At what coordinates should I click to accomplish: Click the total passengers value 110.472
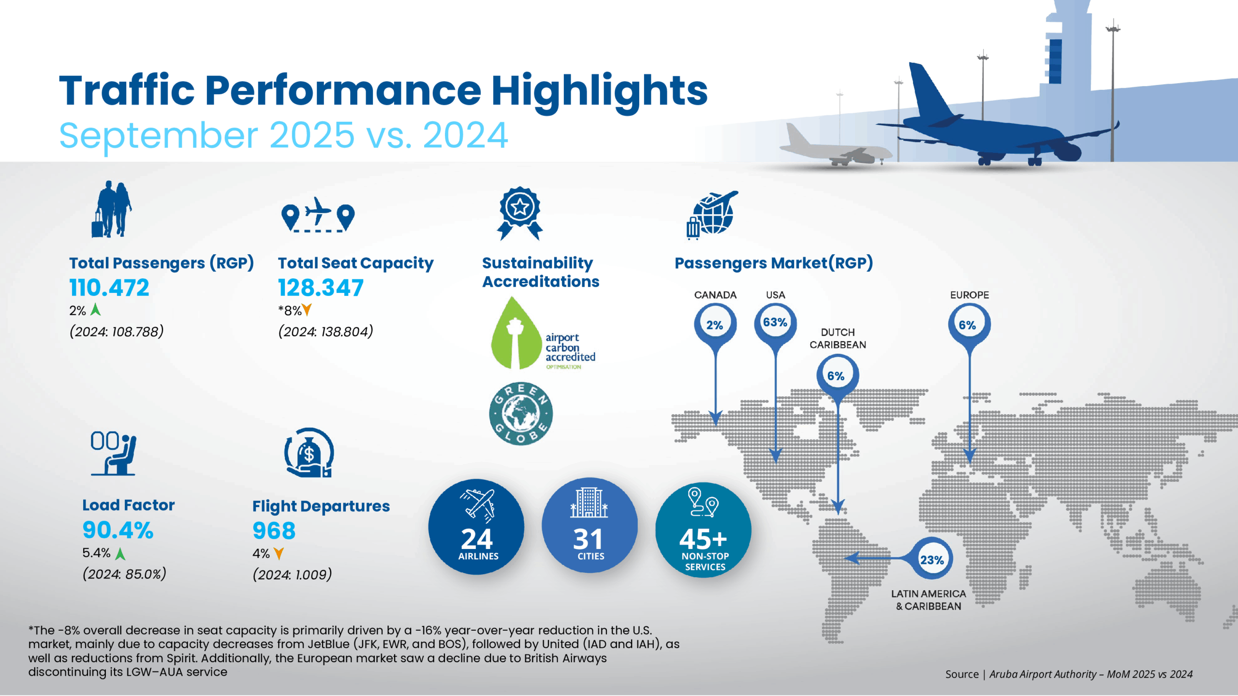109,288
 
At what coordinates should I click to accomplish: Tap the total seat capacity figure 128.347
321,288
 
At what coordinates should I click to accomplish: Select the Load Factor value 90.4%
118,530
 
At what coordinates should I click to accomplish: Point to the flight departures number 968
274,531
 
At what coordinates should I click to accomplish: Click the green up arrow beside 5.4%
120,553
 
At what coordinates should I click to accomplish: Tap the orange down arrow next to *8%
307,310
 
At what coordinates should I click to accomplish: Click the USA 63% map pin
775,323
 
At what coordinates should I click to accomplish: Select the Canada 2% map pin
715,325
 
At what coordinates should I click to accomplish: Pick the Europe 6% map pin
969,325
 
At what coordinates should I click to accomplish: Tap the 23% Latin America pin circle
932,560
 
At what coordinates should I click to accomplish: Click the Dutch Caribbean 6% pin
837,376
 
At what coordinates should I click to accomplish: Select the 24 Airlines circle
476,527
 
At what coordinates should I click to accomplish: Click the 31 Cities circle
589,526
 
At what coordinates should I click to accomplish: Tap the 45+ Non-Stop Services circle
703,530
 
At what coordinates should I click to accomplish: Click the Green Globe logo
520,414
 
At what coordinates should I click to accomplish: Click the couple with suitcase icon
112,209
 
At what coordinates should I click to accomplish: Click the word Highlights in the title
599,91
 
